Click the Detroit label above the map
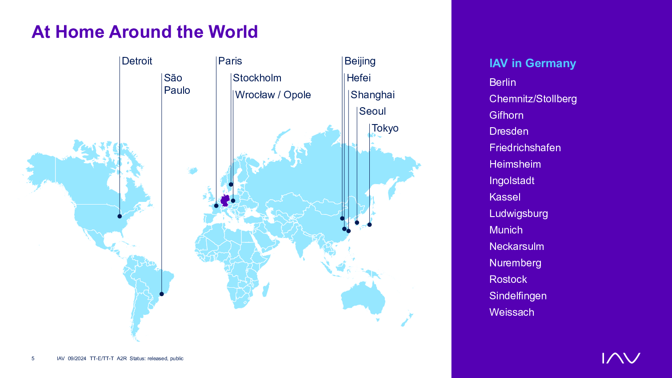tap(137, 61)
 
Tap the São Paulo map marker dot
tap(161, 294)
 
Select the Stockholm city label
tap(257, 78)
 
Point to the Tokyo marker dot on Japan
tap(370, 225)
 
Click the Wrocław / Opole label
tap(273, 95)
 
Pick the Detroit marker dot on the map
tap(120, 216)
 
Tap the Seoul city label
tap(372, 111)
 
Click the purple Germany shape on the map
tap(225, 200)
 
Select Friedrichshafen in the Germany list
tap(525, 148)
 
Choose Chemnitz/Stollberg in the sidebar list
tap(533, 99)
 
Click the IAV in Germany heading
tap(532, 63)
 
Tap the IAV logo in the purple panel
tap(621, 358)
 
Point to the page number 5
tap(33, 358)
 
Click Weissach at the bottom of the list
tap(512, 312)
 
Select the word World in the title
tap(233, 32)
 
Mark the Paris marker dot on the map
tap(216, 205)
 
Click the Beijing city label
tap(360, 61)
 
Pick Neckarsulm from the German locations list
tap(516, 246)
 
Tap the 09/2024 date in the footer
tap(77, 358)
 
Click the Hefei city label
tap(359, 78)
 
